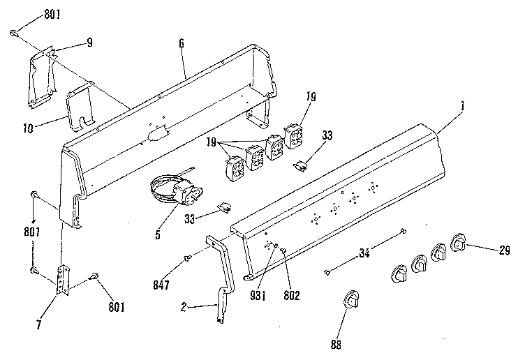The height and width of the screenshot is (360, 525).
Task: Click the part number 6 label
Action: point(182,43)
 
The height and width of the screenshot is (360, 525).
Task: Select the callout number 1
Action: point(462,106)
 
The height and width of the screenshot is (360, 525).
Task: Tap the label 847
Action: point(161,285)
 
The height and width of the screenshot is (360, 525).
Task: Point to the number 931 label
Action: point(258,295)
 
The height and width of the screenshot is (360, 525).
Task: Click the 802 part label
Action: point(292,295)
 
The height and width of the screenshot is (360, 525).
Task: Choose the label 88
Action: point(336,345)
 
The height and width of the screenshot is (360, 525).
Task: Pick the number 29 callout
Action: point(504,250)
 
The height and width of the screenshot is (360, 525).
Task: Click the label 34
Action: point(364,253)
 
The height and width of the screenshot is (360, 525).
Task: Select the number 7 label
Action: point(39,324)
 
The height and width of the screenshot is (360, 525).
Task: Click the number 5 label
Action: point(158,235)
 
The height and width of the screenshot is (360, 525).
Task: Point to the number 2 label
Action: point(184,307)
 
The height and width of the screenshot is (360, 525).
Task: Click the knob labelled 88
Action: point(351,299)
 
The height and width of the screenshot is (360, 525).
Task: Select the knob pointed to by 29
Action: point(459,243)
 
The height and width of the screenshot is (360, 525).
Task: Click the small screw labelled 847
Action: point(187,258)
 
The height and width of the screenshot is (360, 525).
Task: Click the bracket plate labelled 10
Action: point(80,107)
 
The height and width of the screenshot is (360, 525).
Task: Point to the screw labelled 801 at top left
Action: point(14,33)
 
